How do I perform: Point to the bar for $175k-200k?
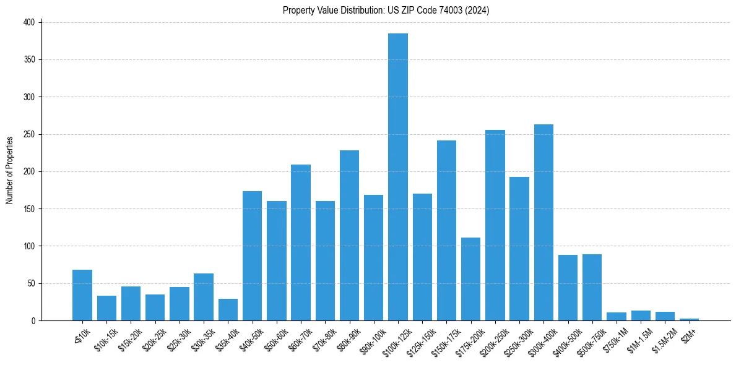click(x=470, y=279)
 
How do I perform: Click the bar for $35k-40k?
click(x=228, y=310)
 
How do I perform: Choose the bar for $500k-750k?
click(x=592, y=288)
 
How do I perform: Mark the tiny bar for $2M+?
click(x=689, y=319)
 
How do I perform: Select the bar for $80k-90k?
click(x=349, y=236)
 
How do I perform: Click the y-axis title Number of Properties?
click(x=10, y=170)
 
